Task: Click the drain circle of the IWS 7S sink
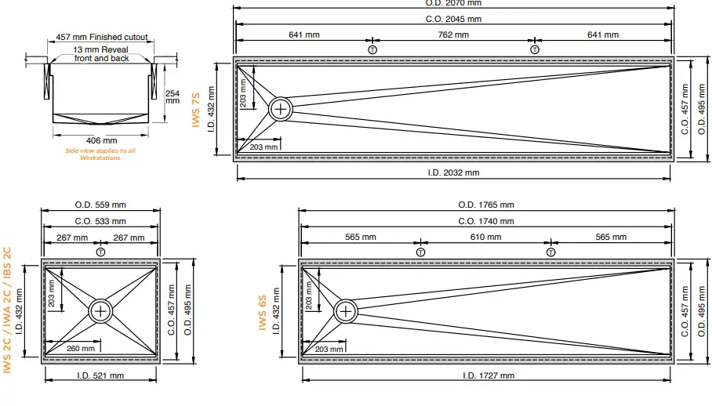point(281,109)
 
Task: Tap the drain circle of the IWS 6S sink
point(346,311)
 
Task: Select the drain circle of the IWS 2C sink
point(100,310)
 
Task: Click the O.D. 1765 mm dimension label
point(486,205)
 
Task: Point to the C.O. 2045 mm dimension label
point(453,19)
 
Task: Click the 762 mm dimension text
point(453,34)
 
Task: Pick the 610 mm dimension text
point(486,237)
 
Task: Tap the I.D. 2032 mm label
point(453,172)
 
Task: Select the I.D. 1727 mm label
point(486,375)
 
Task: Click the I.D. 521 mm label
point(100,375)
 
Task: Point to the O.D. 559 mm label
point(100,205)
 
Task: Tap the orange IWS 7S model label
point(197,110)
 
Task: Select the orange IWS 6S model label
point(263,312)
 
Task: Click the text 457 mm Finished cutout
point(102,37)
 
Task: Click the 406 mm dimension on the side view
point(101,141)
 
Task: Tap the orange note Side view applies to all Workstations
point(100,154)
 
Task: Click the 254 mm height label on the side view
point(173,96)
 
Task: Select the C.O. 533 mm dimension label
point(100,221)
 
